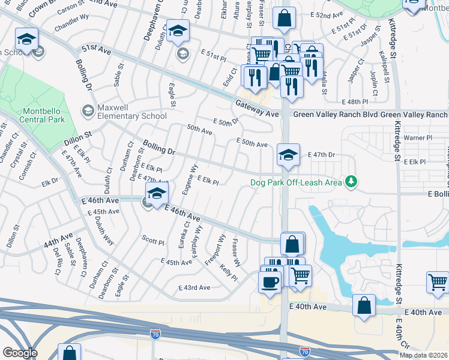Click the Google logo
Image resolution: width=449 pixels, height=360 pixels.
click(20, 353)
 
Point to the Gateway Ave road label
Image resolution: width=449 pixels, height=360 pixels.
click(257, 113)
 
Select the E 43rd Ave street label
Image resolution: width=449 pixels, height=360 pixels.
click(194, 287)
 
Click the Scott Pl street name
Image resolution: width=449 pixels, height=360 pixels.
click(153, 242)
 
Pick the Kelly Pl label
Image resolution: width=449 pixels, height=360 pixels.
click(229, 272)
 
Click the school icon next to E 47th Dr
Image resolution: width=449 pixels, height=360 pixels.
click(288, 155)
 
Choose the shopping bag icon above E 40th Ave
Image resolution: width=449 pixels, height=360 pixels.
click(364, 305)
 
